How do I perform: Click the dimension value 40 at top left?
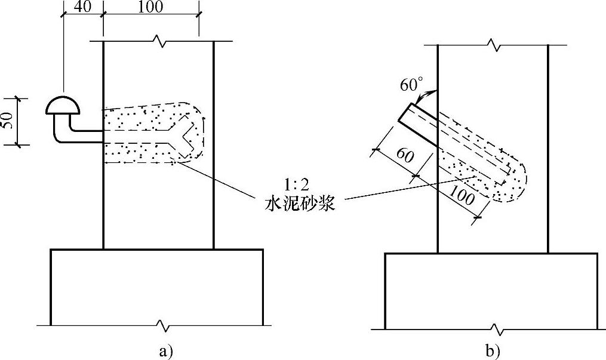tap(82, 7)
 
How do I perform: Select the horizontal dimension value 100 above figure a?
tap(150, 7)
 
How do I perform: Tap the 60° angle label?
tap(411, 84)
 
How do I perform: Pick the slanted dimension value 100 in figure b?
tap(462, 195)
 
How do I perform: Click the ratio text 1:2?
tap(296, 186)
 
